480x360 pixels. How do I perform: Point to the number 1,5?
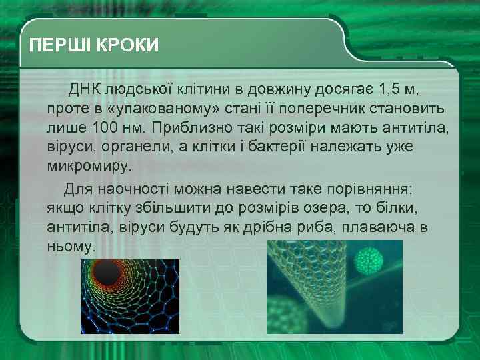click(391, 89)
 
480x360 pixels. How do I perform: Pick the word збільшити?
click(155, 209)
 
